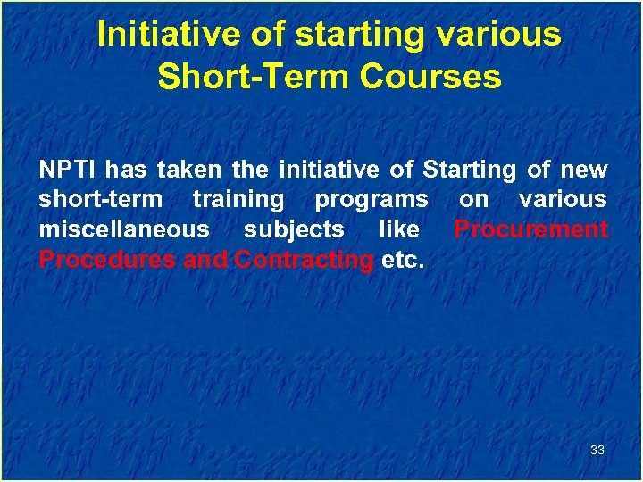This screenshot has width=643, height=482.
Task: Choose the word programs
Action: [372, 199]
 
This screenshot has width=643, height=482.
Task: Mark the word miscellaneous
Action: [123, 229]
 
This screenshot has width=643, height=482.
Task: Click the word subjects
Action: [294, 229]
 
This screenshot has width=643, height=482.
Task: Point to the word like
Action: [399, 229]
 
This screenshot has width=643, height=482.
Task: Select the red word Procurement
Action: [530, 229]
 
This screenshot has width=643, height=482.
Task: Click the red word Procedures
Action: [107, 260]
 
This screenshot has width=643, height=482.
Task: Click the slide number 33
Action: [597, 450]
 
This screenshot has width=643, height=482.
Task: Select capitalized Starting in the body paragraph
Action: [469, 169]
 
